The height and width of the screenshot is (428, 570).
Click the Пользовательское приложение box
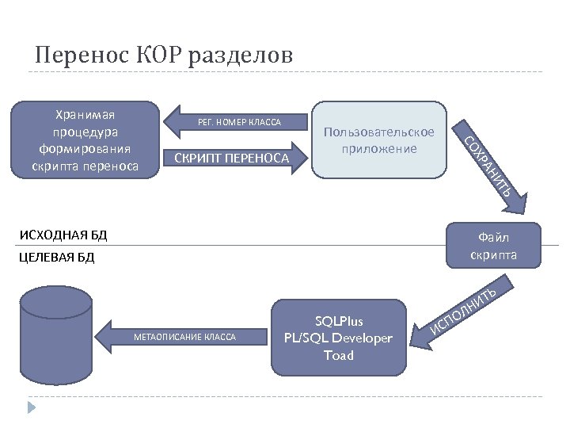(378, 139)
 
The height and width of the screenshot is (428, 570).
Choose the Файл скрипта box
(493, 246)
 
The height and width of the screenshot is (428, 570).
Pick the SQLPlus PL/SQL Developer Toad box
(338, 338)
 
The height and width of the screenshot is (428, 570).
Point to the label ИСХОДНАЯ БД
(63, 235)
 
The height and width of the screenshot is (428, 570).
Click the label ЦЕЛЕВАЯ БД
(56, 258)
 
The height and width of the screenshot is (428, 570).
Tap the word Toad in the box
(338, 355)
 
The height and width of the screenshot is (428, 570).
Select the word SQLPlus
(338, 321)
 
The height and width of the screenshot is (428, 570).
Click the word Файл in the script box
(493, 237)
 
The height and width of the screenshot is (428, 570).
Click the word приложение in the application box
(378, 147)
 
